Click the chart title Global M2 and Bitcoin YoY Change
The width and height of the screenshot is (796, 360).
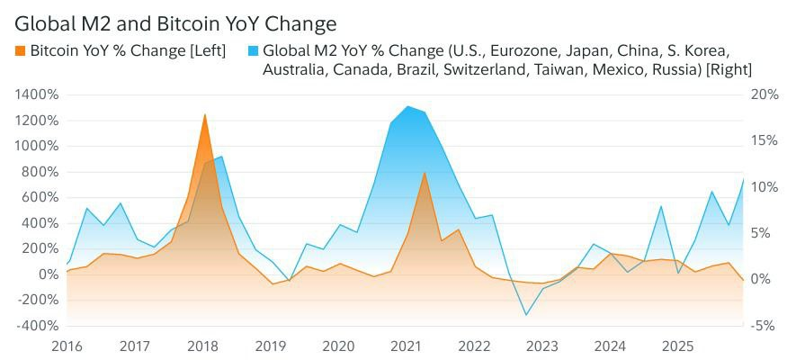coord(175,22)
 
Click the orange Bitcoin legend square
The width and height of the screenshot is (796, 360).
coord(21,50)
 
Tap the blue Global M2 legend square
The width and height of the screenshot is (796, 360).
coord(253,50)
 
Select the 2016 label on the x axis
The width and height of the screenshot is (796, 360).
coord(67,346)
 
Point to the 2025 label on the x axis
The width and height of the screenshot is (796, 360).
coord(677,346)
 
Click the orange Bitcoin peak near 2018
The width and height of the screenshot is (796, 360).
coord(205,114)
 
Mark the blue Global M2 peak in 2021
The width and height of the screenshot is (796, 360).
coord(407,106)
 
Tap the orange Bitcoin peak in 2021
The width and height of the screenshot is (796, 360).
coord(425,173)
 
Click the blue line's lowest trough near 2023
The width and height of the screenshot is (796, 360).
coord(526,315)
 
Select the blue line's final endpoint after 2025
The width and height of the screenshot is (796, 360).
coord(744,179)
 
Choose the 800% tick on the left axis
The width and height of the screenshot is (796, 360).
coord(37,172)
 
